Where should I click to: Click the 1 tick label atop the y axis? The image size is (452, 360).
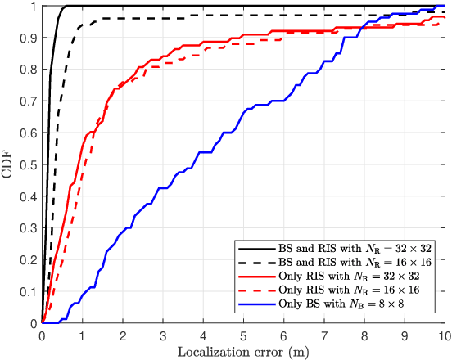pos(34,7)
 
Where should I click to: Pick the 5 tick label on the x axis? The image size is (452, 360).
pos(243,335)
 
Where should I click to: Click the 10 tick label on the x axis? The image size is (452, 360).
pos(443,335)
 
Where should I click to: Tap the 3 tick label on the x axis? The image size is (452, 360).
pos(163,335)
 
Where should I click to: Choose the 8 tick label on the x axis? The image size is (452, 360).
pos(364,335)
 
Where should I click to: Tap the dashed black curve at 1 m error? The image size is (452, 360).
pos(82,27)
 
